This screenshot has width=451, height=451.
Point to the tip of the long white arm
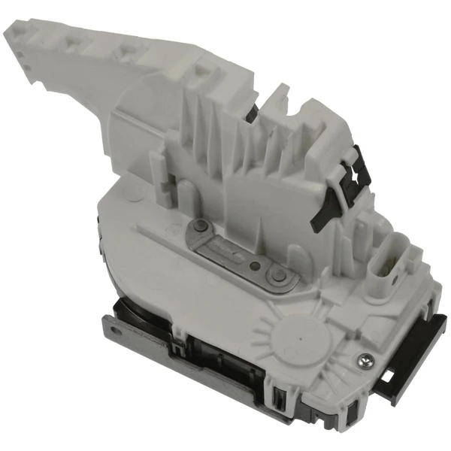23,38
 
